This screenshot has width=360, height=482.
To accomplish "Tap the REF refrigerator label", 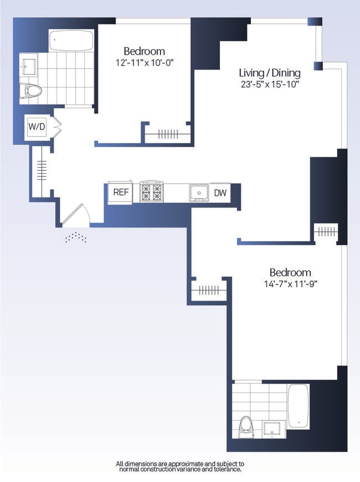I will [120, 192].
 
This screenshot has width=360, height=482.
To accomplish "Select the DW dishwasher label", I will [220, 193].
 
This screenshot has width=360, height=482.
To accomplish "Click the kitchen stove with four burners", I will [151, 191].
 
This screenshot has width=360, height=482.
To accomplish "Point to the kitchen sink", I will [199, 192].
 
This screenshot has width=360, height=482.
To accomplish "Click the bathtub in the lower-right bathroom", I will [299, 406].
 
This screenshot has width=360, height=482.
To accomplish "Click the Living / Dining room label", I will [269, 73].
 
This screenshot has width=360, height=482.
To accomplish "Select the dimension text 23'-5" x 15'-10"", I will [269, 85].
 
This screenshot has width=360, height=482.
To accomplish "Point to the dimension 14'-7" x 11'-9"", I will [290, 284].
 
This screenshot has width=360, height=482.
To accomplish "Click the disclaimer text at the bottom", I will [179, 466].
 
